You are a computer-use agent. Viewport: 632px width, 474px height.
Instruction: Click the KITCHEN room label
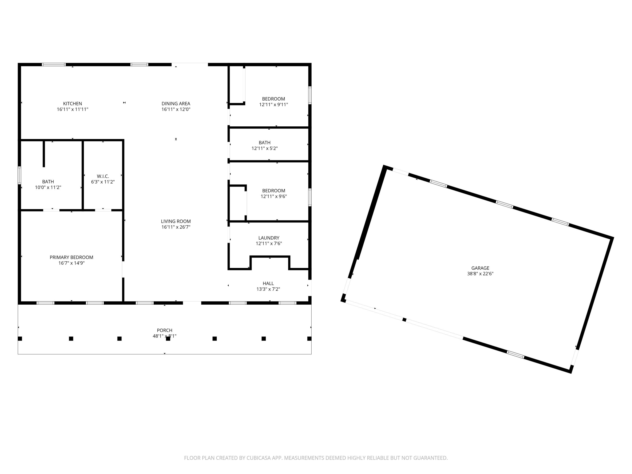coord(72,103)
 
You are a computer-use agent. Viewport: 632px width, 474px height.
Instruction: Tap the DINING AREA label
coord(176,103)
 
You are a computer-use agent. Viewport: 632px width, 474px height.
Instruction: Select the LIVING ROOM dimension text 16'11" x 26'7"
coord(176,227)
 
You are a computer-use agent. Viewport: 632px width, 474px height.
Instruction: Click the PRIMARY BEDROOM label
coord(71,257)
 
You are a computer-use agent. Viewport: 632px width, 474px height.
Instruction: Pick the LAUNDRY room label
coord(269,238)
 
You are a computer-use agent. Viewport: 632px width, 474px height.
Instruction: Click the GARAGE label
coord(480,268)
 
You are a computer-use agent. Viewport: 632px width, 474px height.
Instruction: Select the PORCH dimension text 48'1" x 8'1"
coord(165,336)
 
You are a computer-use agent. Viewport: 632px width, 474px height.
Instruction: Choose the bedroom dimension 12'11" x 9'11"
coord(273,104)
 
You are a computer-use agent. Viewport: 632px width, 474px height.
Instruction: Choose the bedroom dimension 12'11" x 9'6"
coord(273,196)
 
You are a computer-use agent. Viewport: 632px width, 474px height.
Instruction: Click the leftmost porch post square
coord(20,339)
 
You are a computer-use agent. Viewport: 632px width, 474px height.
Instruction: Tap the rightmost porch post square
coord(309,339)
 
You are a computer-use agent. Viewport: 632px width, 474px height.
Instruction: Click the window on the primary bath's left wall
coord(19,175)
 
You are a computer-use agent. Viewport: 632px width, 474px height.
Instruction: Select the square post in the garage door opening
coord(404,319)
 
